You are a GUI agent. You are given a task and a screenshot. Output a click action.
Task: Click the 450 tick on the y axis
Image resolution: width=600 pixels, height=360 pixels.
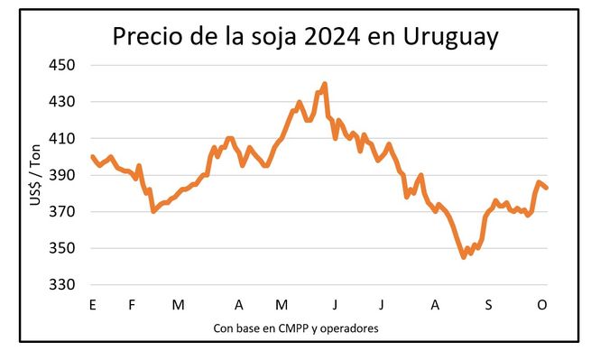63,65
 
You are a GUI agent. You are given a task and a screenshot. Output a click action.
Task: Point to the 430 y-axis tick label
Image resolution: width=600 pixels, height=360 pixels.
63,102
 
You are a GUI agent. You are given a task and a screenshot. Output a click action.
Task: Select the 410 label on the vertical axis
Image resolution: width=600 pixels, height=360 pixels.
63,139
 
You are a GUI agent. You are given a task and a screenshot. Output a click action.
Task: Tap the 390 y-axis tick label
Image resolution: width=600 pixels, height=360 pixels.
63,175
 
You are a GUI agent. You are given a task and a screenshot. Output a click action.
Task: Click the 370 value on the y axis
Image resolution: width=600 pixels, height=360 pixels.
63,212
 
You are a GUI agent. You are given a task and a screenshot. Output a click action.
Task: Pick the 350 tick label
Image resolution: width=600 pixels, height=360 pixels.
63,248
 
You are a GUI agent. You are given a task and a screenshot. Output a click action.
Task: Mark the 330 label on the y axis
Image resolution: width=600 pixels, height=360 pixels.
63,285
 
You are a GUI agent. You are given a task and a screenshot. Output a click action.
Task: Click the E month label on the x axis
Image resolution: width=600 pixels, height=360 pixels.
92,306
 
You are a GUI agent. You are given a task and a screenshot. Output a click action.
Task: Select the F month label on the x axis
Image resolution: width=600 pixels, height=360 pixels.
132,306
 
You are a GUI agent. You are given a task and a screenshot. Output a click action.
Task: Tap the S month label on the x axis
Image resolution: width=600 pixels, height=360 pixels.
488,306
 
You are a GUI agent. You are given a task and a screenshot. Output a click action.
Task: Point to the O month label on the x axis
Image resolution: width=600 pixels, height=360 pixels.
542,306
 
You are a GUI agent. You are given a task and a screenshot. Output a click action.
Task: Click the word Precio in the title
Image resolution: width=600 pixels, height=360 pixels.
148,38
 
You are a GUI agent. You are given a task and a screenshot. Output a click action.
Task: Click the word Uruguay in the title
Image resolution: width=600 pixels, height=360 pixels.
457,38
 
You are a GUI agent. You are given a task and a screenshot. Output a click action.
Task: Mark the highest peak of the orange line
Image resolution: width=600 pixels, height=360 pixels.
324,84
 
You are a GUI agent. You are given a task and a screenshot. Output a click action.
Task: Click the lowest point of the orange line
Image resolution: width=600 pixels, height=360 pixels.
464,257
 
